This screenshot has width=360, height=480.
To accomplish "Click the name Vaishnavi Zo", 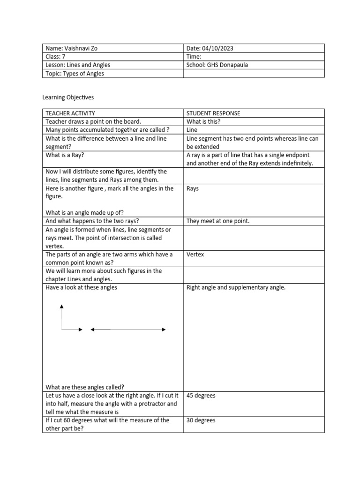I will [82, 48].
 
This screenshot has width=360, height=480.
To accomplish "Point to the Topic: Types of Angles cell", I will [75, 74].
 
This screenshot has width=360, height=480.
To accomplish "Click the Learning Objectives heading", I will [68, 97].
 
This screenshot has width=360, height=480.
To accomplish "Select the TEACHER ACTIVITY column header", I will [70, 113].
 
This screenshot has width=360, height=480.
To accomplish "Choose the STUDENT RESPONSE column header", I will [213, 113].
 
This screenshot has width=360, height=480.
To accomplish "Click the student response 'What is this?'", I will [203, 121].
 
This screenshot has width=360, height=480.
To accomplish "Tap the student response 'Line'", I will [192, 130].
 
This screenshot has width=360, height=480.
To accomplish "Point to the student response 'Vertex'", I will [195, 255].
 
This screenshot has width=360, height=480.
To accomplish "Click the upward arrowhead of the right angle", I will [61, 307].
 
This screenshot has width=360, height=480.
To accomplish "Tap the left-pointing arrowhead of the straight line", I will [92, 330].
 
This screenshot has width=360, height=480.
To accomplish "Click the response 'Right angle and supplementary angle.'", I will [236, 287].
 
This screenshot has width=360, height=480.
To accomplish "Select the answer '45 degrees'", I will [201, 396].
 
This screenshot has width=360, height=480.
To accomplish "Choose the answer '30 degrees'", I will [201, 420].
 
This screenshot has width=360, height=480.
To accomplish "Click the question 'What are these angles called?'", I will [85, 387].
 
